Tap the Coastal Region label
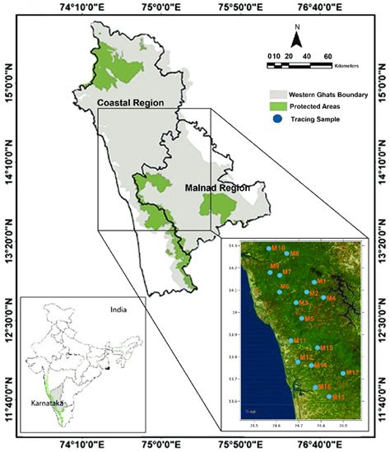click(x=128, y=103)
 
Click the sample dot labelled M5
click(x=301, y=318)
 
